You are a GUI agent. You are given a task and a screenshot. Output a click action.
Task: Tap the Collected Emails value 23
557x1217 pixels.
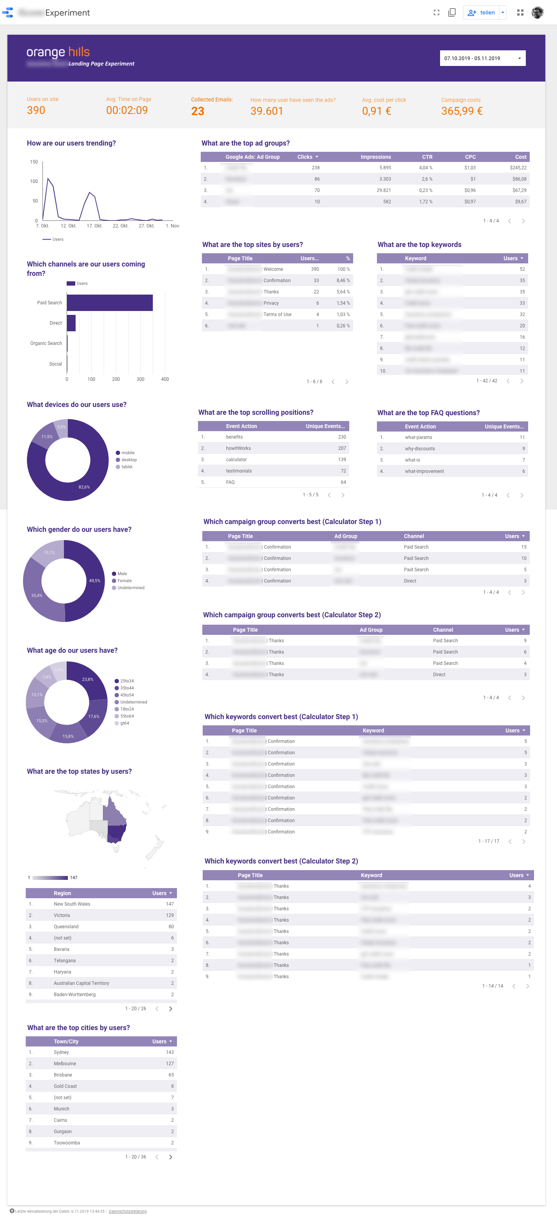pyautogui.click(x=197, y=111)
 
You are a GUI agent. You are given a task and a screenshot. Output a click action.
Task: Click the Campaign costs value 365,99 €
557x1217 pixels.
pyautogui.click(x=461, y=111)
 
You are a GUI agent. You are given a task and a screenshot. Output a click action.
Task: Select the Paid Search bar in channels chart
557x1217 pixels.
pyautogui.click(x=110, y=302)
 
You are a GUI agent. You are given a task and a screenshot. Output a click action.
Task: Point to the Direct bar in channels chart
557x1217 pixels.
pyautogui.click(x=71, y=323)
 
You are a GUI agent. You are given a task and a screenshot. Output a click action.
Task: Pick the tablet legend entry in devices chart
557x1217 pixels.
pyautogui.click(x=127, y=467)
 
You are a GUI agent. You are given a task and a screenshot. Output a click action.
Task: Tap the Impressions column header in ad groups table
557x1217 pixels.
pyautogui.click(x=375, y=157)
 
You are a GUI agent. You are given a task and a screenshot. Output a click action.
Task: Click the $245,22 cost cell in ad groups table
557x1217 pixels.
pyautogui.click(x=517, y=168)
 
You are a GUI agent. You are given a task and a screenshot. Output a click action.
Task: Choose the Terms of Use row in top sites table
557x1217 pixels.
pyautogui.click(x=277, y=314)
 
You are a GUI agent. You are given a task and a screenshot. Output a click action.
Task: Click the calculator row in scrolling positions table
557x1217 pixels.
pyautogui.click(x=236, y=460)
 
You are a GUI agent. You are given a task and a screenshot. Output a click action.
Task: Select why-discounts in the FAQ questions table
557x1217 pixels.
pyautogui.click(x=420, y=449)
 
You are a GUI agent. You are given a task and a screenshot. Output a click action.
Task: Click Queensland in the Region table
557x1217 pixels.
pyautogui.click(x=66, y=926)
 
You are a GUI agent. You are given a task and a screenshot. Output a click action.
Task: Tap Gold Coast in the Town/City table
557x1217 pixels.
pyautogui.click(x=65, y=1086)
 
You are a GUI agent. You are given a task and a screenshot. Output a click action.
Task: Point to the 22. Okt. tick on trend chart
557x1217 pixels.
pyautogui.click(x=120, y=226)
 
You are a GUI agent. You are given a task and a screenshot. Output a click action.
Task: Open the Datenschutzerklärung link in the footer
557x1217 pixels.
pyautogui.click(x=127, y=1211)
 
